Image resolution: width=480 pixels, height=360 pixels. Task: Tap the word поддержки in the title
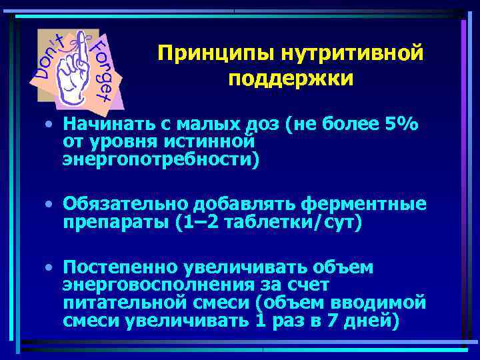click(x=290, y=79)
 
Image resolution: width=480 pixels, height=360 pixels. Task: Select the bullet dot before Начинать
click(x=50, y=124)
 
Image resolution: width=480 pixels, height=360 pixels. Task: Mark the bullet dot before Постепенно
click(x=50, y=268)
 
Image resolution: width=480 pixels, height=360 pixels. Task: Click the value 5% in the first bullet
click(x=404, y=123)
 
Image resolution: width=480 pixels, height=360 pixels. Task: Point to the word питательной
click(x=118, y=303)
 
